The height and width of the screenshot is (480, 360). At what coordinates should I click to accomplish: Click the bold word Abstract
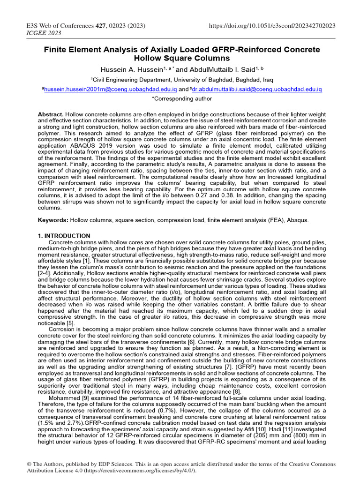tap(50, 115)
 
